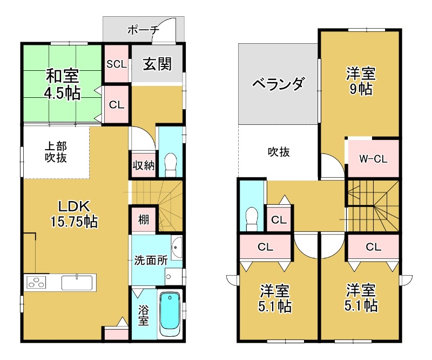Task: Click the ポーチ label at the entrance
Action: (x=143, y=30)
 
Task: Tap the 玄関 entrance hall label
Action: (x=157, y=64)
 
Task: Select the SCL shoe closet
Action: (x=116, y=64)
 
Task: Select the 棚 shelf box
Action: (x=143, y=219)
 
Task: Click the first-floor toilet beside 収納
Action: (x=171, y=163)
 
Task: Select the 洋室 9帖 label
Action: (x=360, y=81)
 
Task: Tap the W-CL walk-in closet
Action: (x=373, y=159)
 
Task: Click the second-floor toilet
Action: (x=252, y=217)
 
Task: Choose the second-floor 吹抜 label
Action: (x=279, y=152)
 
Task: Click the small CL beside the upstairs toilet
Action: (x=279, y=219)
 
